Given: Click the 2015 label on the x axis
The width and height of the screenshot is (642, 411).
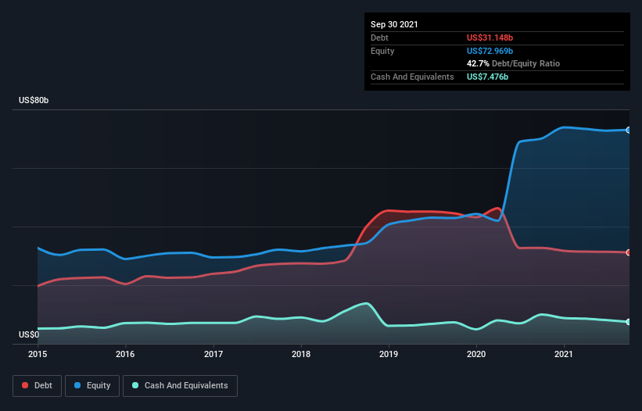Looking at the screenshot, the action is coord(38,354).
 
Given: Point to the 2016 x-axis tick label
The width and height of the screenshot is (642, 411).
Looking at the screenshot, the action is coord(125,354).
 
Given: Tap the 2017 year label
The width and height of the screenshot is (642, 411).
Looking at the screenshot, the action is coord(213,354).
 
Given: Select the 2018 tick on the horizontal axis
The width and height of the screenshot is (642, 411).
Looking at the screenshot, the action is coord(301,354).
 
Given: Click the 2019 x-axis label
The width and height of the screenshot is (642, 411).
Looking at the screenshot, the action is coord(389,354).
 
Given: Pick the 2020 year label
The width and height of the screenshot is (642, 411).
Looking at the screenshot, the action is coord(476,354).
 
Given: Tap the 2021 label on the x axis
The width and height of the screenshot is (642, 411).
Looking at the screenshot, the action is coord(564,354).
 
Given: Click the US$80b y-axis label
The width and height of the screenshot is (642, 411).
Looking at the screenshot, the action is coord(34,100).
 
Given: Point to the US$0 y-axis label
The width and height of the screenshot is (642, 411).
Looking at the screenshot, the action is coord(29,334).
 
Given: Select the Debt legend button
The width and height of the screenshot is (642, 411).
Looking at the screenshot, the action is coord(38,386).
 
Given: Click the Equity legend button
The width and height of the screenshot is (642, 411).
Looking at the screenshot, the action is coord(92,386).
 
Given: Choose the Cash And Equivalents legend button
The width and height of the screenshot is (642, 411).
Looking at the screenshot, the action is coord(180,386).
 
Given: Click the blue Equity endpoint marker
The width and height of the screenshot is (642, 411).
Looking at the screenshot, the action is coord(629,130).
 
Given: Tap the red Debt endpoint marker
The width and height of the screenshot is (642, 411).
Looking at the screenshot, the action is coord(629,252).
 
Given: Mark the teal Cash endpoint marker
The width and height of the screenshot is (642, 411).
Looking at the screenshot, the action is coord(629,322).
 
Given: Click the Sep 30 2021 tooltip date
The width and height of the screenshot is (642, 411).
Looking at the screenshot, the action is coord(394,24).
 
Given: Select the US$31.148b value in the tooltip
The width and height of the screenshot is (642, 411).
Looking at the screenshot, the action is coord(490,38).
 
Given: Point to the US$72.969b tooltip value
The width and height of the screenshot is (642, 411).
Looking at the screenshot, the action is coord(490,51).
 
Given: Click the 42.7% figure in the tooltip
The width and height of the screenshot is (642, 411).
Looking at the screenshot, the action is coord(478,63).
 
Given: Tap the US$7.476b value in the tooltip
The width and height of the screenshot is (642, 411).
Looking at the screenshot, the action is coord(487,77).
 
